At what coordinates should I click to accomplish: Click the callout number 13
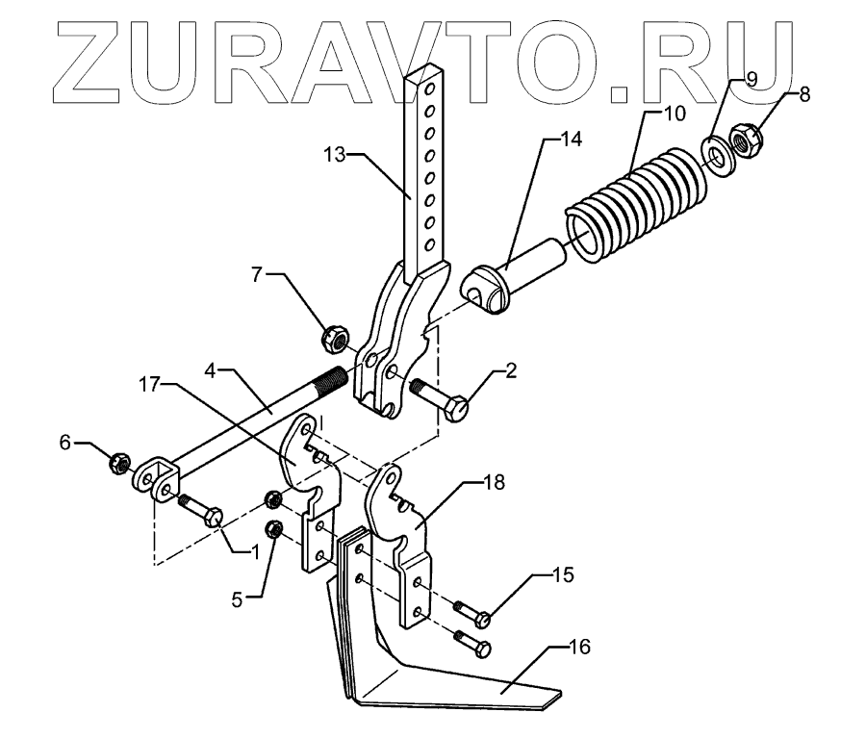pos(334,155)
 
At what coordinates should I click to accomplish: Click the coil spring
pos(635,203)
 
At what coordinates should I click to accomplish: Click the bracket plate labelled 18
pos(404,539)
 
